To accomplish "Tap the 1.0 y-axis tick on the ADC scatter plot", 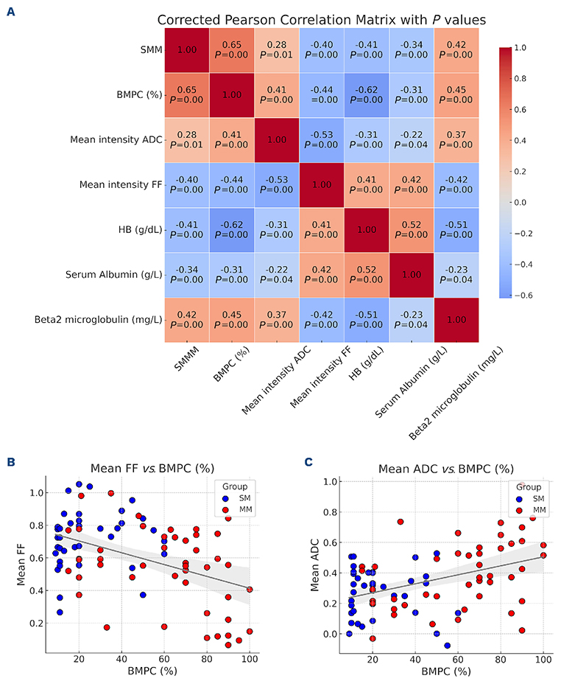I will coord(331,482).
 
